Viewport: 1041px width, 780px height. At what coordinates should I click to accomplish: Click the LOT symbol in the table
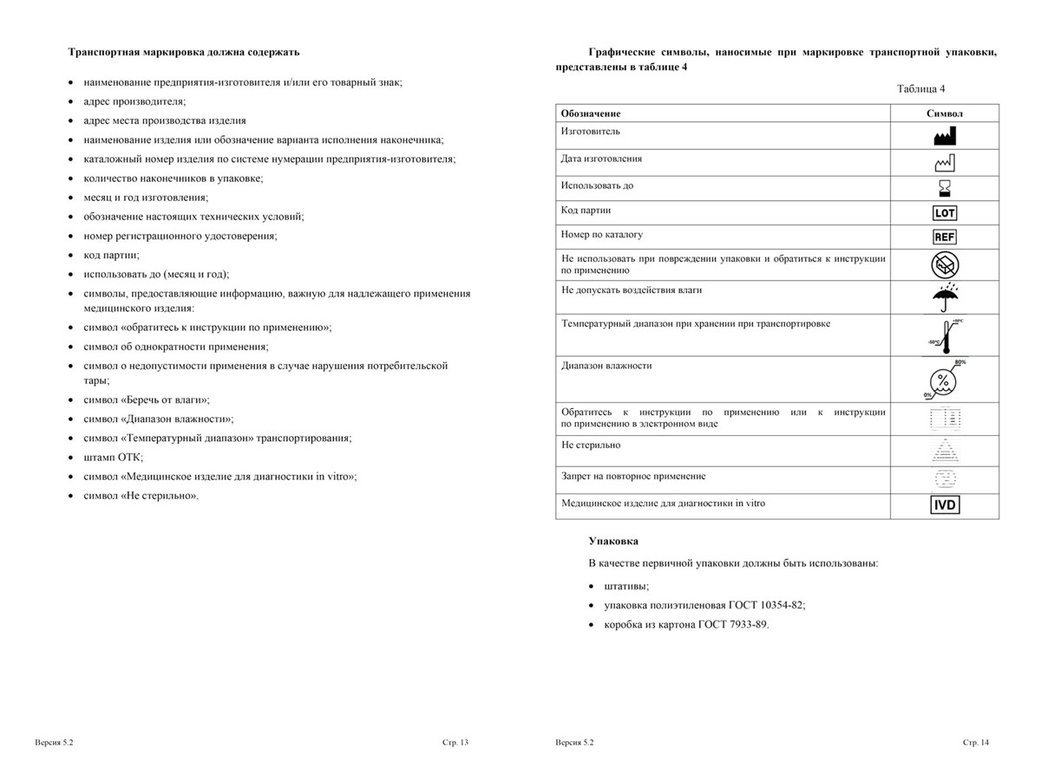[945, 212]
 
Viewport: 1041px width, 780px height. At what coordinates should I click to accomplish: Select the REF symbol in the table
[945, 237]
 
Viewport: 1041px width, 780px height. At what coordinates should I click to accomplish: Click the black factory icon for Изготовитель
[945, 135]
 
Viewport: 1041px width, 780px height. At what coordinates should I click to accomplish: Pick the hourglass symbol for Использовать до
[945, 187]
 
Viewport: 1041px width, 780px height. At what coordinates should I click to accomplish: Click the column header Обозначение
[591, 114]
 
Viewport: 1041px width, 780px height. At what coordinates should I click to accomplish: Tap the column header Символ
[945, 114]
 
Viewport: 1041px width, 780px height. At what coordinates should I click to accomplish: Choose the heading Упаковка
[613, 541]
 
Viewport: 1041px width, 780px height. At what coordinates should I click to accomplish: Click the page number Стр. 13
[455, 743]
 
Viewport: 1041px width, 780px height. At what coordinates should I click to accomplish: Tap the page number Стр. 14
[975, 743]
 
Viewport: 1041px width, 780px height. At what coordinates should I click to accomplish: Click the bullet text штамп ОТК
[114, 457]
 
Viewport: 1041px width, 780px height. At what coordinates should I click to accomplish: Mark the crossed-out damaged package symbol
[945, 265]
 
